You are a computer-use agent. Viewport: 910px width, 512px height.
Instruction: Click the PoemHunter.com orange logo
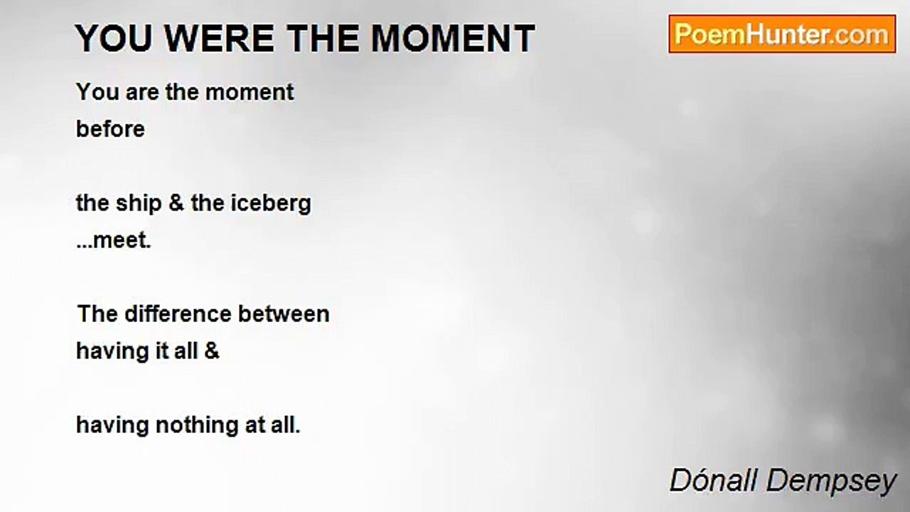pyautogui.click(x=782, y=34)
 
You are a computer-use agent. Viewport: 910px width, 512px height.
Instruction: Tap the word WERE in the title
pyautogui.click(x=220, y=38)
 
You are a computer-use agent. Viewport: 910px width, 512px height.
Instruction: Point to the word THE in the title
pyautogui.click(x=323, y=38)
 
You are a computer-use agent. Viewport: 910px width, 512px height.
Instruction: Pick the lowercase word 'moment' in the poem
pyautogui.click(x=250, y=92)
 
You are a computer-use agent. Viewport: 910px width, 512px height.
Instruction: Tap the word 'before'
pyautogui.click(x=110, y=129)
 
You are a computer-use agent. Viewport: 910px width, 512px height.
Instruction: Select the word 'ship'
pyautogui.click(x=139, y=203)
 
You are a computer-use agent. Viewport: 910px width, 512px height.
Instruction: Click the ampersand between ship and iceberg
pyautogui.click(x=176, y=203)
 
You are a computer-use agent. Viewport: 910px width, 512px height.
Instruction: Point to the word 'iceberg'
pyautogui.click(x=271, y=203)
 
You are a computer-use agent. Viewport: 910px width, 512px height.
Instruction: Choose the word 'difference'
pyautogui.click(x=178, y=314)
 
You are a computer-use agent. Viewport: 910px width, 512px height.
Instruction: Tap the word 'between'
pyautogui.click(x=284, y=314)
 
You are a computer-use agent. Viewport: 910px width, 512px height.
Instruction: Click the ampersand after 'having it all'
pyautogui.click(x=212, y=351)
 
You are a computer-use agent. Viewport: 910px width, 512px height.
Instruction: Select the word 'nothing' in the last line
pyautogui.click(x=197, y=425)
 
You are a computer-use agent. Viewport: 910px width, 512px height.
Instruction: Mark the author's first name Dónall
pyautogui.click(x=713, y=480)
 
